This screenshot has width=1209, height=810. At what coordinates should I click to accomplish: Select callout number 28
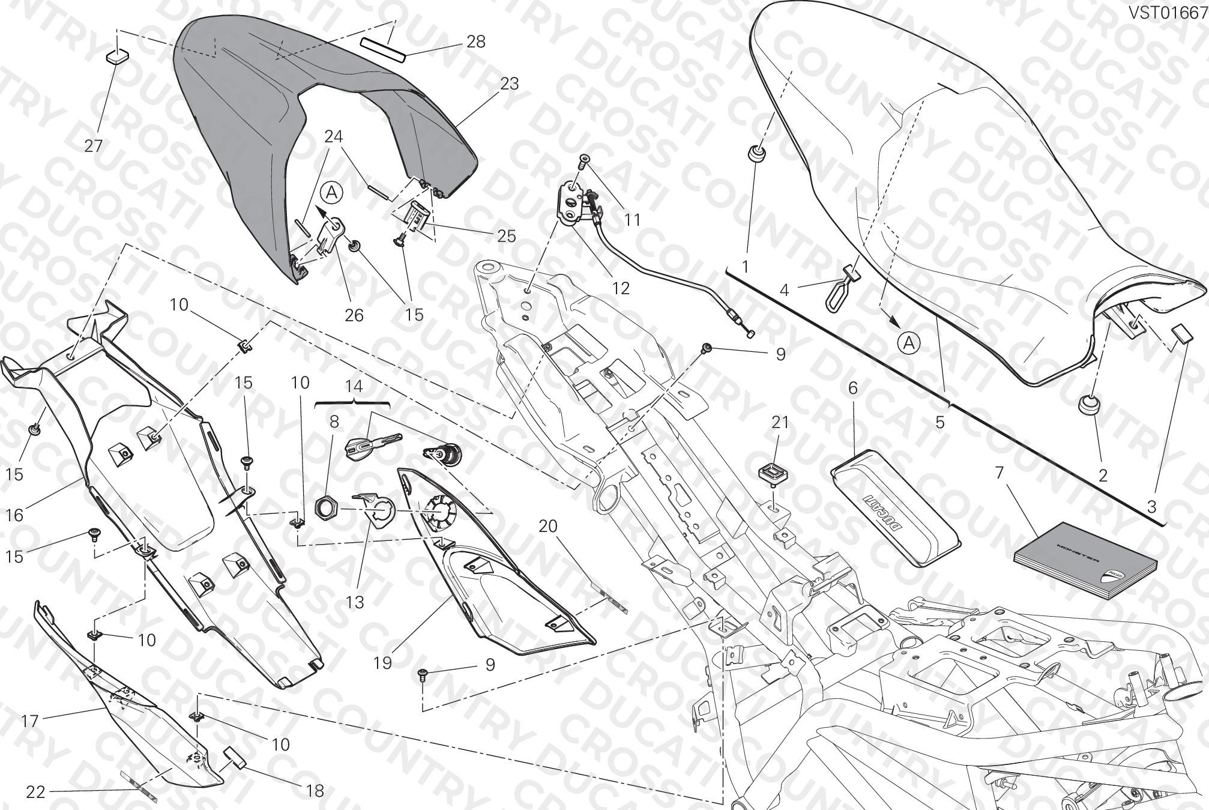475,42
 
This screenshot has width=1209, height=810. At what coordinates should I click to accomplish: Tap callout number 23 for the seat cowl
509,83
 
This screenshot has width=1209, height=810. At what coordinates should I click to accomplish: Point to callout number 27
94,145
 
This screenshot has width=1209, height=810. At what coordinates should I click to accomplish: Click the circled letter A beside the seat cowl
332,193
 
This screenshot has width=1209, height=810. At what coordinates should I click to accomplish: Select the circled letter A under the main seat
909,343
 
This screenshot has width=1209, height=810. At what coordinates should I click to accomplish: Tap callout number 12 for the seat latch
621,288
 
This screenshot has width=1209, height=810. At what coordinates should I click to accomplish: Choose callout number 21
780,423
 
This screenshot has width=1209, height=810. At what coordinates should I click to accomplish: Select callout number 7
999,473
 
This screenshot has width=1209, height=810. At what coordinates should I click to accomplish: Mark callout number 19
382,663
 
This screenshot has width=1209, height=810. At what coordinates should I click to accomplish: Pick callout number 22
36,792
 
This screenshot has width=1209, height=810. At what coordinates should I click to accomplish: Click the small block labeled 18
235,758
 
